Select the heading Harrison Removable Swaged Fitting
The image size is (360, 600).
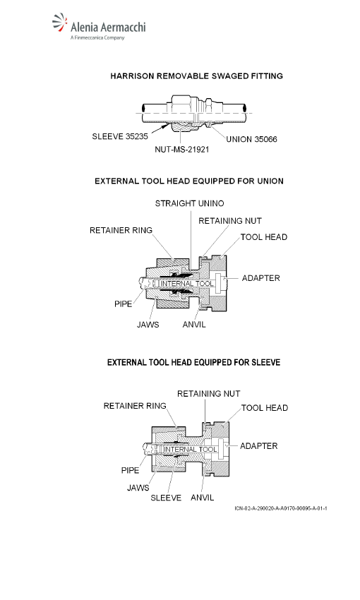pyautogui.click(x=197, y=76)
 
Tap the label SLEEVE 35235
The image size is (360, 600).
pyautogui.click(x=120, y=136)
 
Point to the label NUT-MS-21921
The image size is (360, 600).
pyautogui.click(x=182, y=149)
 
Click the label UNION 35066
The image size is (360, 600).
pyautogui.click(x=251, y=139)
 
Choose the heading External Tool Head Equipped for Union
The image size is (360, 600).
pyautogui.click(x=189, y=181)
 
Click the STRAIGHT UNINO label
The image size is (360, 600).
pyautogui.click(x=189, y=203)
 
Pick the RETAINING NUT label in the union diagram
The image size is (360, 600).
pyautogui.click(x=230, y=221)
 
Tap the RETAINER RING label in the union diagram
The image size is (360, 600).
pyautogui.click(x=121, y=230)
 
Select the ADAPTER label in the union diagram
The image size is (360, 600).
pyautogui.click(x=260, y=278)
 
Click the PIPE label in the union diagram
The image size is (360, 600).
pyautogui.click(x=124, y=304)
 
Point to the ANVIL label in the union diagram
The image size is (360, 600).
pyautogui.click(x=194, y=325)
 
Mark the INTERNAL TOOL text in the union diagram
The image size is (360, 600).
pyautogui.click(x=187, y=284)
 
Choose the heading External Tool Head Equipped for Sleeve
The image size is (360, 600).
pyautogui.click(x=193, y=362)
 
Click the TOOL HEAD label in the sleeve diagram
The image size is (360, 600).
pyautogui.click(x=265, y=408)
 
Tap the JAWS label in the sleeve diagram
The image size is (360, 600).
pyautogui.click(x=138, y=488)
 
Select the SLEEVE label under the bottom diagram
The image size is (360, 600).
pyautogui.click(x=166, y=498)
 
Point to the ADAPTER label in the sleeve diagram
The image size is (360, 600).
pyautogui.click(x=258, y=446)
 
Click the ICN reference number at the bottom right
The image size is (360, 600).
pyautogui.click(x=281, y=508)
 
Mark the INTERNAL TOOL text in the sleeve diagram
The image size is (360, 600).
pyautogui.click(x=190, y=449)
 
